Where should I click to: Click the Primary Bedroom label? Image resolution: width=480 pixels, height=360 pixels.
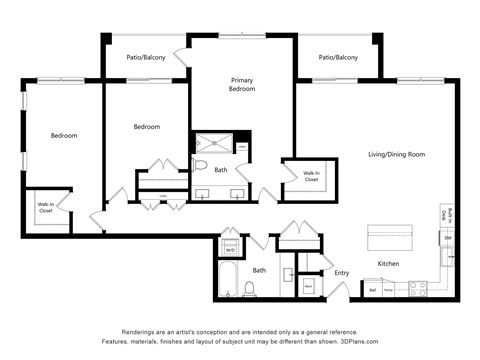(x=242, y=84)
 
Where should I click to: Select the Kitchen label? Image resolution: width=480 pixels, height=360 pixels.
(x=389, y=263)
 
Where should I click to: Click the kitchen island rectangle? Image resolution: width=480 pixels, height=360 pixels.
(x=393, y=239)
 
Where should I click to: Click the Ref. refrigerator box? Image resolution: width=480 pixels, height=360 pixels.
(x=373, y=289)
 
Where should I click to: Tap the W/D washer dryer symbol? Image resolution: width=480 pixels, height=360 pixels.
(x=229, y=249)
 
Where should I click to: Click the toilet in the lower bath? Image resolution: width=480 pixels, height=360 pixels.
(x=251, y=288)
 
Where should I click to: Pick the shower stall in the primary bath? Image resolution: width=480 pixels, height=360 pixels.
(x=211, y=145)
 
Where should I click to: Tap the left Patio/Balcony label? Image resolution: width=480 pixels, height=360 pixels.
(x=145, y=58)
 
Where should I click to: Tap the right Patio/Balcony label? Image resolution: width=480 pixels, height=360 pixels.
(x=338, y=58)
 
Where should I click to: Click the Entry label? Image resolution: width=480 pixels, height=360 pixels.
(x=341, y=272)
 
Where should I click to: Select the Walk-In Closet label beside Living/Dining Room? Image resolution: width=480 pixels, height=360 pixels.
(x=311, y=177)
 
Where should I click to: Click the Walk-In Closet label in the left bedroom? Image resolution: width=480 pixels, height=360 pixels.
(x=46, y=209)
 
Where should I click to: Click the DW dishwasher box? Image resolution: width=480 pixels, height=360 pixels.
(x=447, y=238)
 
